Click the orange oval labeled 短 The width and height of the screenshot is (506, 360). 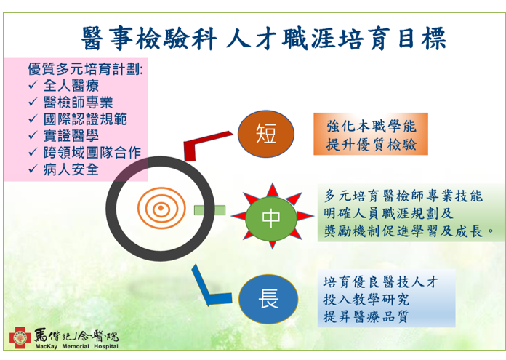pyautogui.click(x=266, y=134)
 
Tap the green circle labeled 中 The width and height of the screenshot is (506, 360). pyautogui.click(x=271, y=219)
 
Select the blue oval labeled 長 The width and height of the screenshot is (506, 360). pyautogui.click(x=268, y=299)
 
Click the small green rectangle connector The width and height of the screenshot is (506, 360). pyautogui.click(x=210, y=210)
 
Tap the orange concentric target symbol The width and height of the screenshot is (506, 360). pyautogui.click(x=161, y=208)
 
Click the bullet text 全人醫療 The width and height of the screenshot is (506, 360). pyautogui.click(x=71, y=86)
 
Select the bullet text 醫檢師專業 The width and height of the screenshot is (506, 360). pyautogui.click(x=78, y=103)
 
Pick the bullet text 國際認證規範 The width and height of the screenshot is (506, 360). pyautogui.click(x=85, y=119)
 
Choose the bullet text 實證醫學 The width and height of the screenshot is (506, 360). pyautogui.click(x=71, y=135)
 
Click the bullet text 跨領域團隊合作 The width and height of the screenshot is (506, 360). pyautogui.click(x=92, y=153)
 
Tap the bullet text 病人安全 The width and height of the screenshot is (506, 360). pyautogui.click(x=71, y=169)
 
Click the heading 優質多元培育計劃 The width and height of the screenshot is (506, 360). pyautogui.click(x=85, y=69)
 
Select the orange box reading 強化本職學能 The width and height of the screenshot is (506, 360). pyautogui.click(x=371, y=134)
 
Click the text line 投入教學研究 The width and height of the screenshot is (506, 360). pyautogui.click(x=366, y=300)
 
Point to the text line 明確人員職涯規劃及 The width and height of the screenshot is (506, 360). pyautogui.click(x=388, y=213)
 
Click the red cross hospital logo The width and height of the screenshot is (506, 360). pyautogui.click(x=20, y=338)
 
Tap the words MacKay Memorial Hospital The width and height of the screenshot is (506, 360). pyautogui.click(x=77, y=346)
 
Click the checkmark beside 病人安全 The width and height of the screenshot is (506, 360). pyautogui.click(x=33, y=169)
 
